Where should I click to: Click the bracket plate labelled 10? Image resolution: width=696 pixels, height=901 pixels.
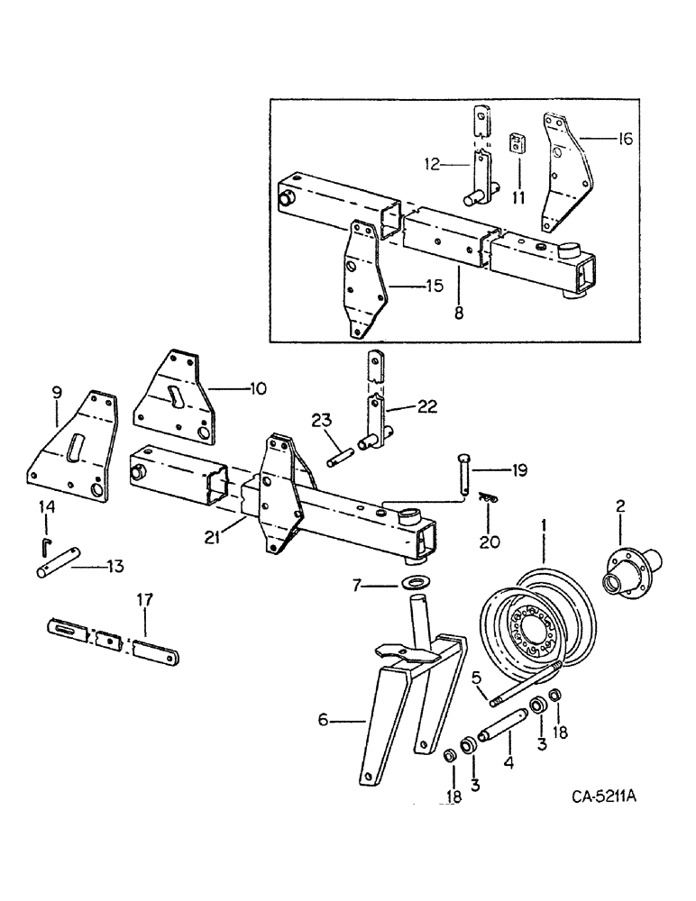coord(176,398)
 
